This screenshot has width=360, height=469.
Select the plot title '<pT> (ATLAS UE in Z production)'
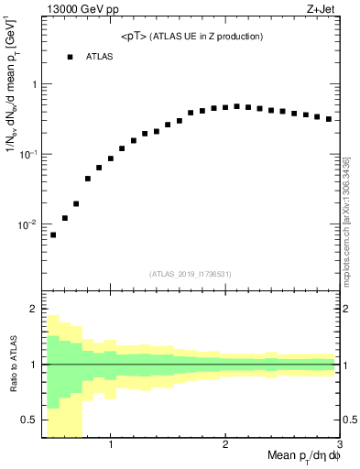[x=191, y=37]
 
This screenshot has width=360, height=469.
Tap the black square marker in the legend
[x=69, y=57]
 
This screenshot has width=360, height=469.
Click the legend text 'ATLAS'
[x=100, y=57]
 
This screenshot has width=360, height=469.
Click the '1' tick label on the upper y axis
[x=33, y=84]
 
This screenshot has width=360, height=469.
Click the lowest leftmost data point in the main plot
[x=53, y=234]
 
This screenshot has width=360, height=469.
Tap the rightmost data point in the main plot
[x=329, y=119]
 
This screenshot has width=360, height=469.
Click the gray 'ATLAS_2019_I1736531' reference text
[x=191, y=274]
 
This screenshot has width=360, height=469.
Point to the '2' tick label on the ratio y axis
[x=33, y=310]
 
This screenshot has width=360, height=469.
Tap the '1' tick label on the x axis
[x=111, y=446]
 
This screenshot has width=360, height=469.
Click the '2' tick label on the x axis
[x=225, y=446]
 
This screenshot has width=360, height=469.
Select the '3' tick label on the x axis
[x=339, y=446]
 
